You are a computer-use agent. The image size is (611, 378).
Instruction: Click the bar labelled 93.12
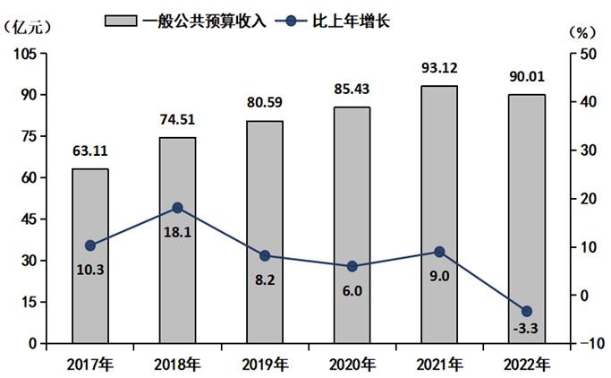[x=439, y=214]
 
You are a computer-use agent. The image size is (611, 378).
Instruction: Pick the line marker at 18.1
[x=177, y=208]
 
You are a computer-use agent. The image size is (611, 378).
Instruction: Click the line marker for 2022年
[x=527, y=311]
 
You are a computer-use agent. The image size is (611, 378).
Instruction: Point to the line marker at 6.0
[x=352, y=266]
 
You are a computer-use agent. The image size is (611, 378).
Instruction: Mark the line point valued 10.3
[x=90, y=245]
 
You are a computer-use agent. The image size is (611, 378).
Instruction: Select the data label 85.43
[x=352, y=90]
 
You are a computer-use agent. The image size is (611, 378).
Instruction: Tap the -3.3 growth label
[x=526, y=329]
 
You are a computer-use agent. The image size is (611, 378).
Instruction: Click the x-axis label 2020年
[x=352, y=364]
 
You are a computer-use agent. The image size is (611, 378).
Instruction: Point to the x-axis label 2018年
[x=177, y=364]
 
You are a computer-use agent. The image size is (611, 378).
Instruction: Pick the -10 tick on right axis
[x=586, y=344]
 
